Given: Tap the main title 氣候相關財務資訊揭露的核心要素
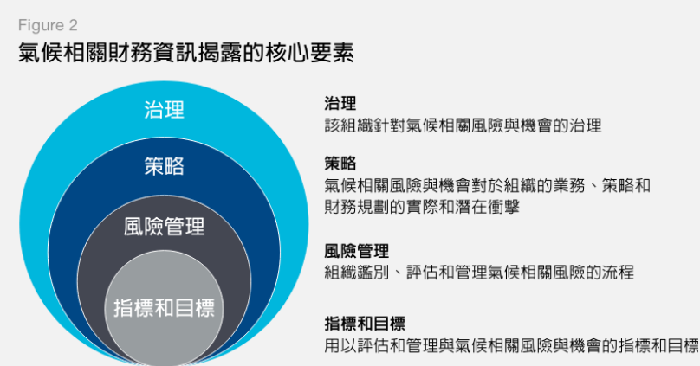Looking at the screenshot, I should point(185,53).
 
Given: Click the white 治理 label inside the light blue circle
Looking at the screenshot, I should point(164,110).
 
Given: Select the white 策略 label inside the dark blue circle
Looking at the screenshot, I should point(164,166).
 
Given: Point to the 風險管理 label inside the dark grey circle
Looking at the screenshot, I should point(164,228).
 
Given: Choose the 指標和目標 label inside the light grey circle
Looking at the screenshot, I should point(164,306).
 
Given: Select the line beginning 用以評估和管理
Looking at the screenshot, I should point(510,346).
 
